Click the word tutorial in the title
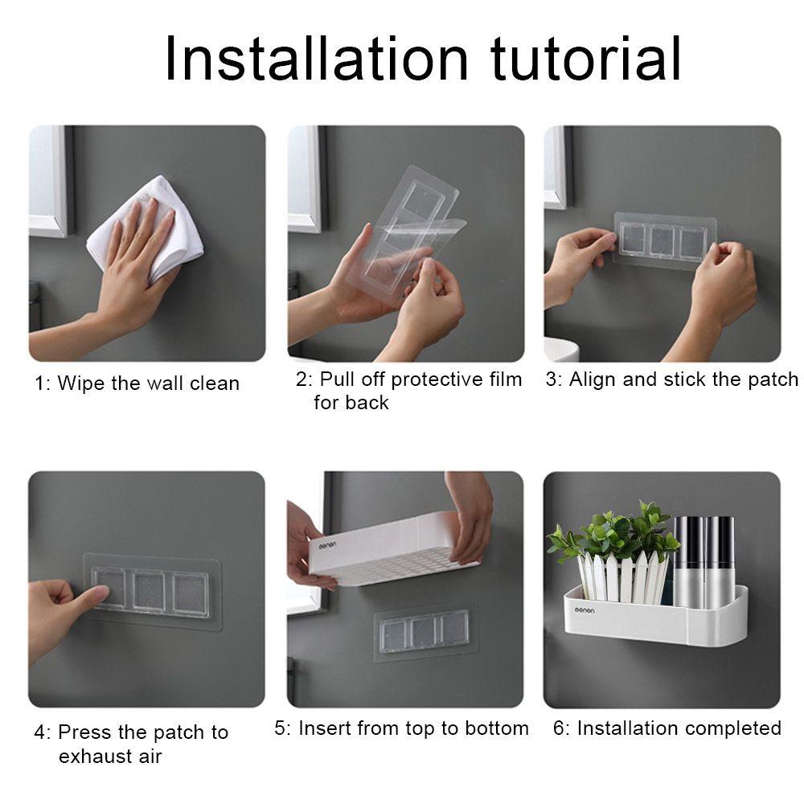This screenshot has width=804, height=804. (585, 58)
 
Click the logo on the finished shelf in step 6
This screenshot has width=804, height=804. (585, 610)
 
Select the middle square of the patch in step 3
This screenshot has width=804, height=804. (663, 240)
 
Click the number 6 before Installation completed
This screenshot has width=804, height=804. (558, 728)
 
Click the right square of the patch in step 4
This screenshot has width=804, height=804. (191, 595)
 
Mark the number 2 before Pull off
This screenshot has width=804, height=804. (301, 380)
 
